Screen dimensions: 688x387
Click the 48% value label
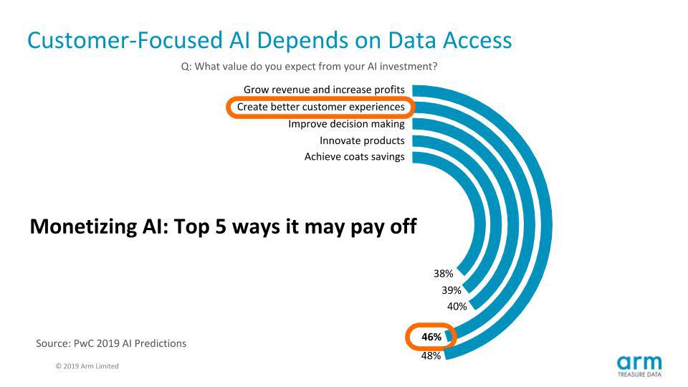pos(431,356)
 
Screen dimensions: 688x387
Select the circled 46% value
pos(431,337)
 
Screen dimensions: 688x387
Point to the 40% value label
pos(457,307)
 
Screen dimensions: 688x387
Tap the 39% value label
pos(451,290)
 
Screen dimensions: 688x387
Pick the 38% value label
pos(443,274)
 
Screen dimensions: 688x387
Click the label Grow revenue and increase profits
pos(324,90)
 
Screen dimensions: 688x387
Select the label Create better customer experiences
pos(321,107)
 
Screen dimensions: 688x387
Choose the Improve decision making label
pos(346,124)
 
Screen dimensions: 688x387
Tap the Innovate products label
pos(362,141)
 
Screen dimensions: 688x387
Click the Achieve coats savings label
pos(355,157)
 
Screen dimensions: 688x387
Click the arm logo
pos(639,363)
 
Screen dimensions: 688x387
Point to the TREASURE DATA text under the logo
pos(639,374)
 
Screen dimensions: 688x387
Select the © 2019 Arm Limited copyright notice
pos(87,366)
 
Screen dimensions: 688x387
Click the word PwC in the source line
pos(83,343)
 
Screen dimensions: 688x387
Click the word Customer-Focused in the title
pos(125,40)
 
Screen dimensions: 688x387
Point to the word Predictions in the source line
pos(160,343)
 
